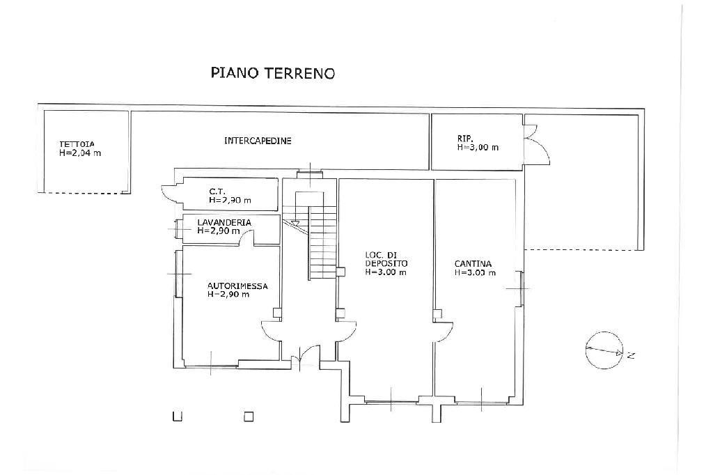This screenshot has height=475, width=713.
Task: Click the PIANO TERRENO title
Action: [x=273, y=73]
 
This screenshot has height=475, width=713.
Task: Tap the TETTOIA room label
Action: [x=77, y=144]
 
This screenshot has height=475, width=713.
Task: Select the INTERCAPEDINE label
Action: [x=258, y=141]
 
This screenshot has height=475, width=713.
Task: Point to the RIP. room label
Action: [x=465, y=139]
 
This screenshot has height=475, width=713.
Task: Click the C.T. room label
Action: [x=217, y=192]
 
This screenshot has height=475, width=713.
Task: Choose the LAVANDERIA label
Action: [x=224, y=222]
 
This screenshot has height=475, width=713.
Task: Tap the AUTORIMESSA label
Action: [x=237, y=286]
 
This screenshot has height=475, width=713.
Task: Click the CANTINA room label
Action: [x=473, y=264]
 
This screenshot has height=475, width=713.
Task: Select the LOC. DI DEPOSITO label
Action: [x=386, y=259]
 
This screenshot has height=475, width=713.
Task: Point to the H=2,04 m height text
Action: [x=80, y=153]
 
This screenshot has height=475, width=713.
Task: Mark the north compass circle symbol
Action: [x=604, y=350]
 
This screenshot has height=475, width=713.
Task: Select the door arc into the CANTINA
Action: [x=446, y=332]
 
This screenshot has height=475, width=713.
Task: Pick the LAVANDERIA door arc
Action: [x=247, y=233]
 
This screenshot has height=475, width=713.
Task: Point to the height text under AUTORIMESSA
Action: [x=228, y=295]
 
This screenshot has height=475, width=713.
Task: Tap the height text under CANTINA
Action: [x=475, y=272]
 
